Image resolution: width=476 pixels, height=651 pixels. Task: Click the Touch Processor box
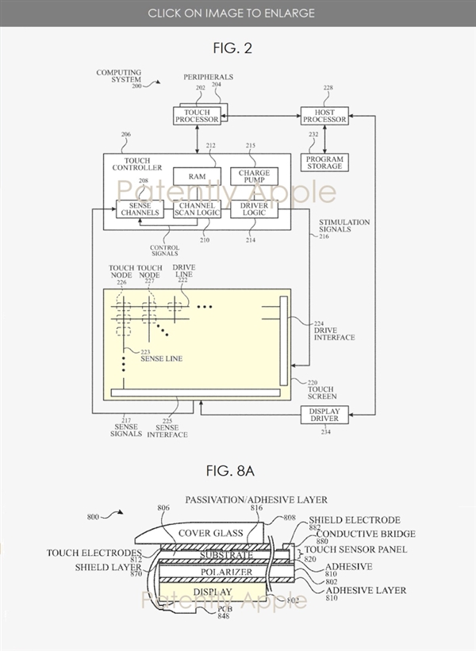coord(197,116)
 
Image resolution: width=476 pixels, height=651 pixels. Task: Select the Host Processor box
coord(324,116)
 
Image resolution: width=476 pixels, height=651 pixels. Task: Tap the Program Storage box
coord(324,162)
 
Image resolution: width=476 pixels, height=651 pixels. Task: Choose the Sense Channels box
coord(140,209)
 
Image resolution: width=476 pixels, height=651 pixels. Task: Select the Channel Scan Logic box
coord(197,209)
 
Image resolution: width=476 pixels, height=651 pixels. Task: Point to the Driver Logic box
coord(254,209)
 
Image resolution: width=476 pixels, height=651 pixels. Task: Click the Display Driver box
coord(324,414)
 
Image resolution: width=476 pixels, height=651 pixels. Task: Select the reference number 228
coord(328,88)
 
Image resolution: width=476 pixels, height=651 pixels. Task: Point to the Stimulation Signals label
coord(344,227)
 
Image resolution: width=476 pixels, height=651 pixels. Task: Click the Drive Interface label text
coord(335,333)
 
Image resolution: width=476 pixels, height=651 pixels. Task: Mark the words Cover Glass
coord(211,533)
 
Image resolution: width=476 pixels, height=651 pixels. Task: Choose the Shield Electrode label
coord(343,520)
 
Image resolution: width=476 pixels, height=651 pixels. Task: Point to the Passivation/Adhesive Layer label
coord(256,500)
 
